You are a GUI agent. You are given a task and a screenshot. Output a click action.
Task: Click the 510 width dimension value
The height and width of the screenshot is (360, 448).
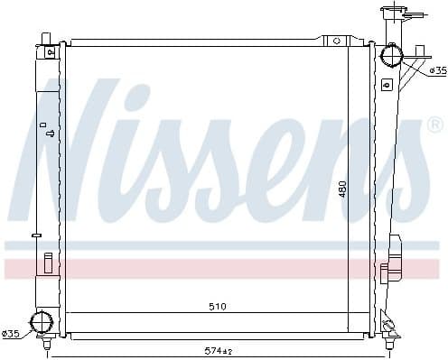tap(217, 307)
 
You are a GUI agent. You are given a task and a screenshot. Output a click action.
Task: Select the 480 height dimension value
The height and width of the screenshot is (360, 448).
tap(342, 190)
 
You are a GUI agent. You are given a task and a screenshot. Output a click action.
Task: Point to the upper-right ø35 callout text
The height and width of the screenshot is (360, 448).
tap(437, 69)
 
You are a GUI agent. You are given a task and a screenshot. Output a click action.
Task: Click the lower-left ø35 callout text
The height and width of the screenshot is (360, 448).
tap(11, 335)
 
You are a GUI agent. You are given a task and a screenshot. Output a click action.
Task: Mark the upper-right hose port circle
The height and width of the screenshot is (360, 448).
tap(391, 56)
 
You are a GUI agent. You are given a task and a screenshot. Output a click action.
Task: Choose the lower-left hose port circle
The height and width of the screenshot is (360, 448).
tap(42, 322)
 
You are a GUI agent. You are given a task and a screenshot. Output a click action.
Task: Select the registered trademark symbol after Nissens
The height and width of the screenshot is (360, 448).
tap(434, 124)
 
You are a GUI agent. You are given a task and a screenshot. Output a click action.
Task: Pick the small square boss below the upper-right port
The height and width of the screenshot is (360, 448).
tap(387, 85)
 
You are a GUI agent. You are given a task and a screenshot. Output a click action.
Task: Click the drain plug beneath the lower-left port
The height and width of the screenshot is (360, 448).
tap(44, 341)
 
